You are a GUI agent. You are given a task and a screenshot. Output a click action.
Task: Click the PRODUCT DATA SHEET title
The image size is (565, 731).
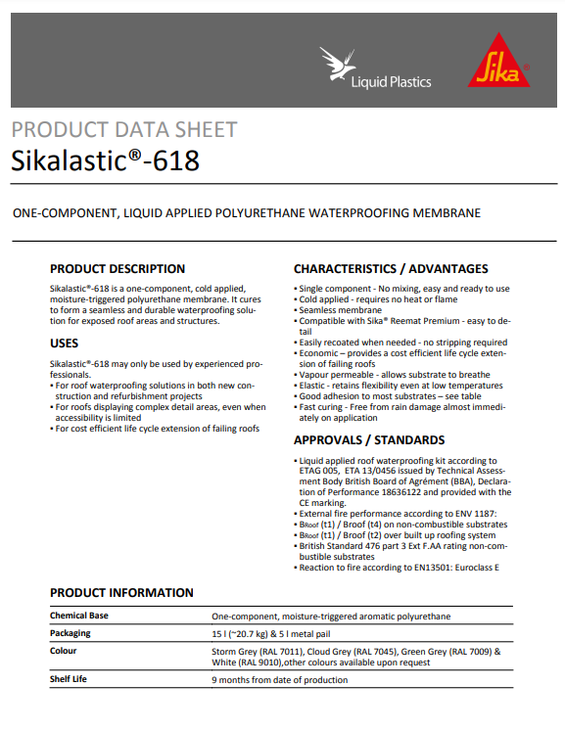[123, 129]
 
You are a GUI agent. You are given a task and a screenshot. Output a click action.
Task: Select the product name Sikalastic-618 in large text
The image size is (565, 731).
[105, 160]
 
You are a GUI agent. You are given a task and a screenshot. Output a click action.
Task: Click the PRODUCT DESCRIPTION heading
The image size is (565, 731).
[118, 268]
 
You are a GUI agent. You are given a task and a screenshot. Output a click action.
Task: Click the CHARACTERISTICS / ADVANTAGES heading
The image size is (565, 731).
[390, 268]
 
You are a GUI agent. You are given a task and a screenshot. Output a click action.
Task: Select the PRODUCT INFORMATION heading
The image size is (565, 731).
[121, 592]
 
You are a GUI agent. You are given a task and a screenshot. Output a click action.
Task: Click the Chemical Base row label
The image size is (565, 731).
[79, 616]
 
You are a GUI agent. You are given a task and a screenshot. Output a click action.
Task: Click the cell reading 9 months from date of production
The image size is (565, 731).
[279, 679]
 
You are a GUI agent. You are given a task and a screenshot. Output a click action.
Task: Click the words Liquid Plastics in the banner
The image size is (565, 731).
[391, 81]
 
